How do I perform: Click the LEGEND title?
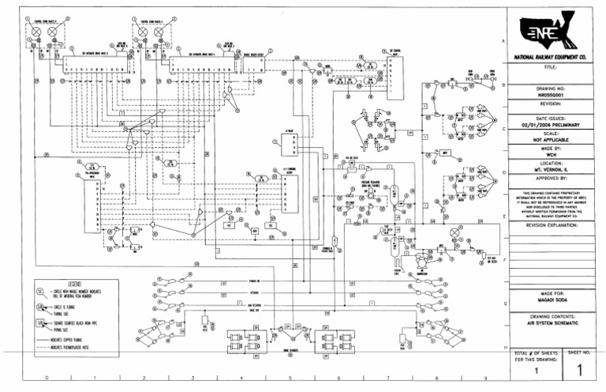(76, 282)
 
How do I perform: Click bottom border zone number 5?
(290, 379)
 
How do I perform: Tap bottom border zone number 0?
(47, 379)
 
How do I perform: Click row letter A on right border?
(503, 40)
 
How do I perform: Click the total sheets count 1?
(537, 370)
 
